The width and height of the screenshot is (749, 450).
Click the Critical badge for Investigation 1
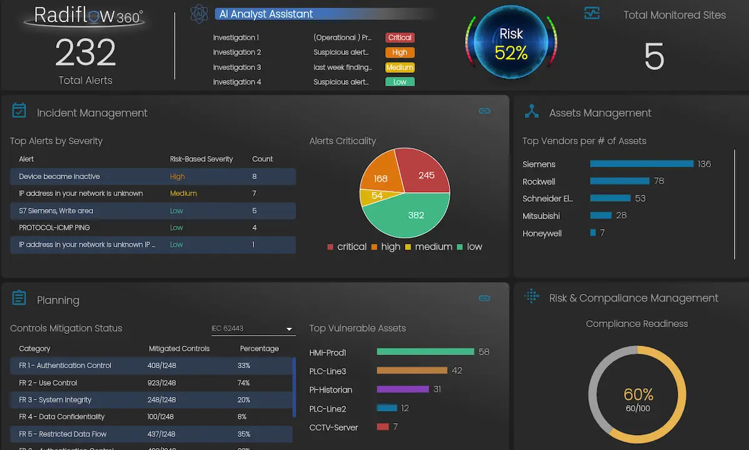coord(399,37)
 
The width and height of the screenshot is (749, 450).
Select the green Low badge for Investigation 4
coord(399,82)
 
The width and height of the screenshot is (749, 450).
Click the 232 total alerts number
coord(86,52)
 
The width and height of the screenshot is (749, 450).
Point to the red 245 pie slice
coord(424,173)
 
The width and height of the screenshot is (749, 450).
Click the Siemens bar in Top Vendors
coord(641,164)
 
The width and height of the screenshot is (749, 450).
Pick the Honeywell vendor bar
coord(593,233)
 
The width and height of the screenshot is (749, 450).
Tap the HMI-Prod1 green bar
coord(425,352)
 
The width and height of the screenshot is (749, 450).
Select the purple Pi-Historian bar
coord(403,389)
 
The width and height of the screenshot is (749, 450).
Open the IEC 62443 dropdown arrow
coord(289,329)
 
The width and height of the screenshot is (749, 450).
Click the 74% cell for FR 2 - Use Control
coord(243,383)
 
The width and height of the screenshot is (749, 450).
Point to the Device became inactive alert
coord(59,177)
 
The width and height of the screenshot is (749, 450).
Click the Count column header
coord(262,159)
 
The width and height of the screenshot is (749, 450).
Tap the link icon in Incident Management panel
coord(484,111)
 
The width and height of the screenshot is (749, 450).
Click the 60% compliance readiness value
coord(638,394)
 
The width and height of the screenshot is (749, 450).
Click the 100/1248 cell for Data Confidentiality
coord(160,416)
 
